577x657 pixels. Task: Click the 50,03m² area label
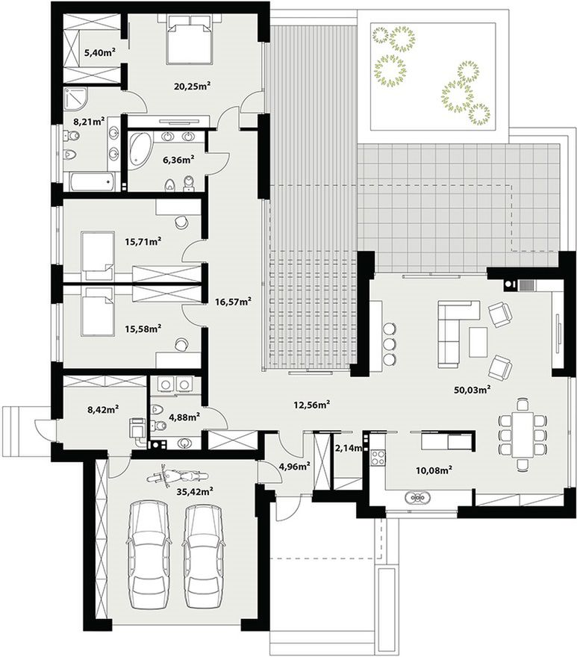pos(472,390)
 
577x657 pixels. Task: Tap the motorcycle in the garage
pos(178,477)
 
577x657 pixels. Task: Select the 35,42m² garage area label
pos(195,491)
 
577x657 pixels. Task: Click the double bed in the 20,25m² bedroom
pos(188,39)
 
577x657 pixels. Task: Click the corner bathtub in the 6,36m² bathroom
pos(138,149)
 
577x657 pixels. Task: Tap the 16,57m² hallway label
pos(233,301)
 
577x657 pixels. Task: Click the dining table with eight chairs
pos(522,434)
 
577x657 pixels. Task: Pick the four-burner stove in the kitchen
pos(378,457)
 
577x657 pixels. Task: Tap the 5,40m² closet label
pos(100,52)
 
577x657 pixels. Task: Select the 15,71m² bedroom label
pos(143,241)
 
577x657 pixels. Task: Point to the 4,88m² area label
pos(184,417)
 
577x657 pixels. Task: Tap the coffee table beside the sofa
pos(478,342)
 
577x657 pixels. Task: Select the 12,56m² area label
pos(311,405)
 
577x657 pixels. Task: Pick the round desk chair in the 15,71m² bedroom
pos(181,222)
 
